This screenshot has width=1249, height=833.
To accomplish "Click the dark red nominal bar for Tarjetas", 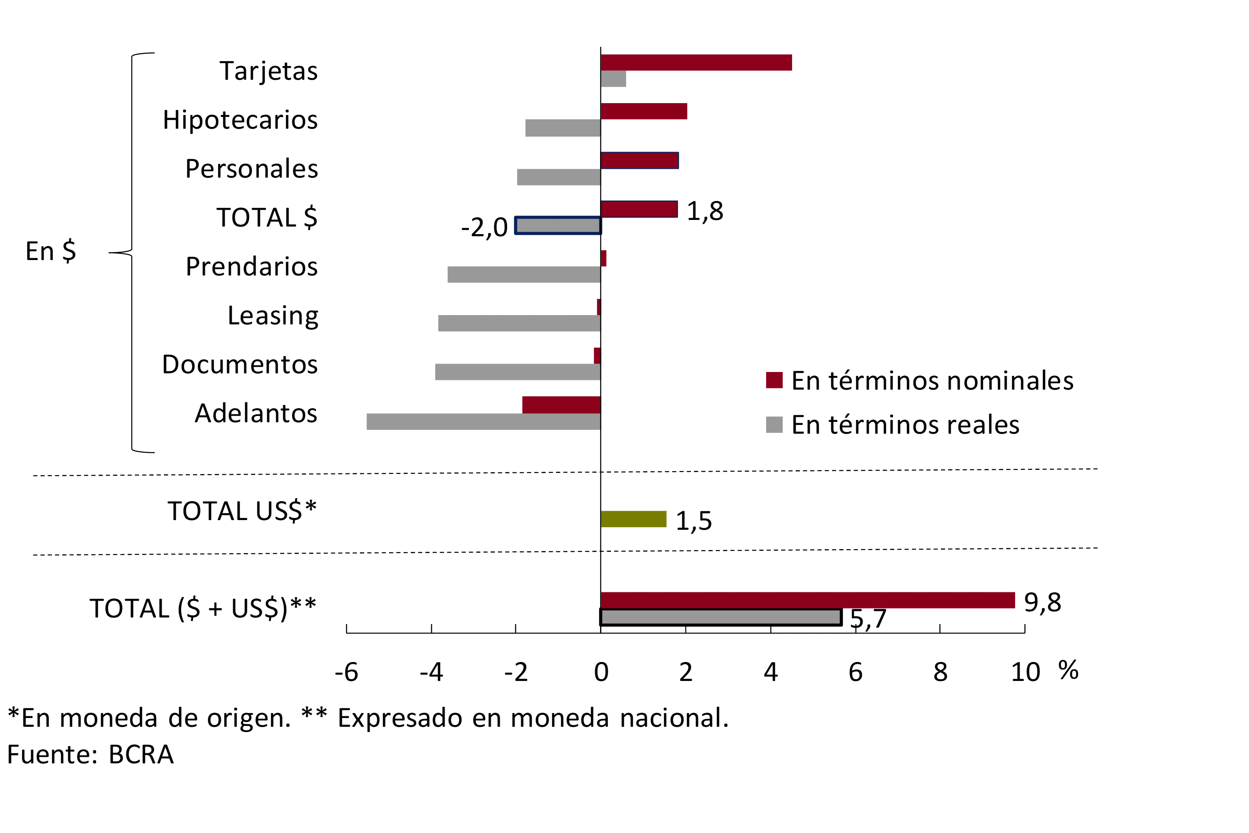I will pyautogui.click(x=696, y=63).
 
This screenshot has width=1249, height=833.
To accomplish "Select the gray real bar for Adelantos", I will pyautogui.click(x=483, y=422).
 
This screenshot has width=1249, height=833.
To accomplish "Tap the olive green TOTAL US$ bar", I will pyautogui.click(x=633, y=519).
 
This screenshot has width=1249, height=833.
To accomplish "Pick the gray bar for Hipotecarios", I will pyautogui.click(x=563, y=128).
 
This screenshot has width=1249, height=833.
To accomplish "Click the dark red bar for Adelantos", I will pyautogui.click(x=561, y=405).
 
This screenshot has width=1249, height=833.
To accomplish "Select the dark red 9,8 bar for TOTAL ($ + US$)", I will pyautogui.click(x=807, y=600).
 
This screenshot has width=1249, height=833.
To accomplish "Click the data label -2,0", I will pyautogui.click(x=484, y=228).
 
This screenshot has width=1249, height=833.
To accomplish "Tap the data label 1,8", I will pyautogui.click(x=705, y=212).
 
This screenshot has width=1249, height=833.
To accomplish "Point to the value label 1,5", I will pyautogui.click(x=693, y=521).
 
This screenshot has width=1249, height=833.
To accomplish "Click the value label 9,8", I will pyautogui.click(x=1042, y=602).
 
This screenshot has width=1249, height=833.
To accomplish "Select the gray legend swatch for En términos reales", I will pyautogui.click(x=774, y=425).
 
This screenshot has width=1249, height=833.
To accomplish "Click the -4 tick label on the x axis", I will pyautogui.click(x=431, y=673).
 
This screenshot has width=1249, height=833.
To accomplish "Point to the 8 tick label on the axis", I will pyautogui.click(x=941, y=673).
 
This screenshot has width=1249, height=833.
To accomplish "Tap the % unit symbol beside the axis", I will pyautogui.click(x=1068, y=670).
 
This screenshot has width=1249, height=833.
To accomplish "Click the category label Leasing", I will pyautogui.click(x=273, y=316).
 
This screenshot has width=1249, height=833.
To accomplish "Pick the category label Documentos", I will pyautogui.click(x=240, y=364).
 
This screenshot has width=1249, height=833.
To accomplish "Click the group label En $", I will pyautogui.click(x=51, y=251).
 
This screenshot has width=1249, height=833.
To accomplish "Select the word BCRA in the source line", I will pyautogui.click(x=141, y=755).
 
